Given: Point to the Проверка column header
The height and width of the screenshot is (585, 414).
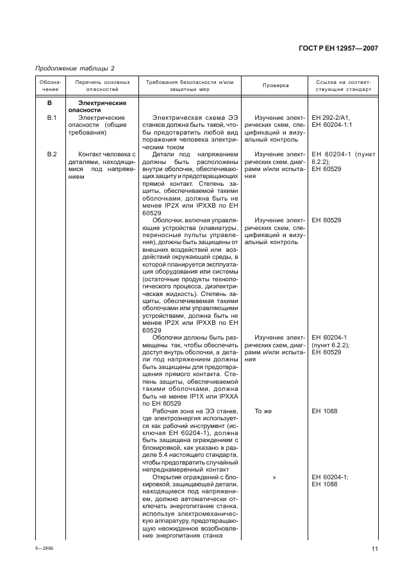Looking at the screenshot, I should coord(276,86).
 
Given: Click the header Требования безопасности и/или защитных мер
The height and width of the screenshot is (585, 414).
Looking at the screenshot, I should coord(190,86).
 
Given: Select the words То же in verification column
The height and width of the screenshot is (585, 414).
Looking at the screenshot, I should coord(263,411).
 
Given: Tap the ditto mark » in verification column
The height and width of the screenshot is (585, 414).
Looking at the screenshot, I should coord(274,477).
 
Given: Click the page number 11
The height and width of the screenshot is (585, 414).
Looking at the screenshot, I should coord(374,548).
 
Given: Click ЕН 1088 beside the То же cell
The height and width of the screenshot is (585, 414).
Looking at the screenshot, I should coord(324,411).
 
